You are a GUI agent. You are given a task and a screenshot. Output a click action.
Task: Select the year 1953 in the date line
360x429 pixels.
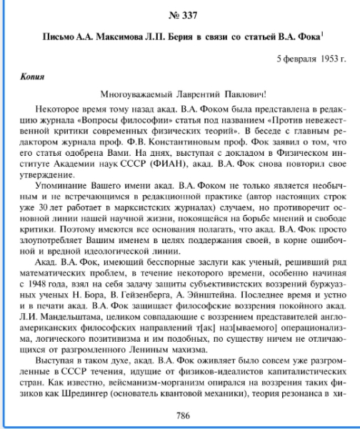coord(321,56)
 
